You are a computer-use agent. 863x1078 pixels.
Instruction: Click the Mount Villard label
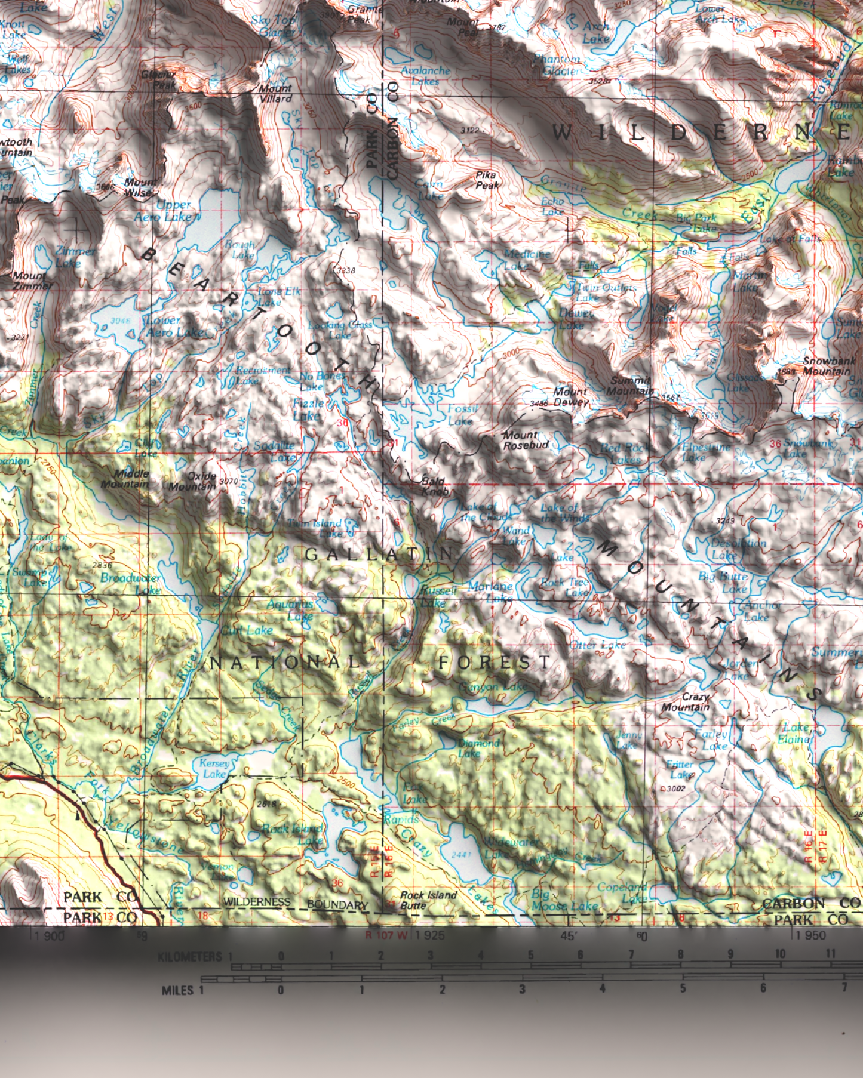(275, 94)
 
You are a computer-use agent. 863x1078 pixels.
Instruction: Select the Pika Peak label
(487, 180)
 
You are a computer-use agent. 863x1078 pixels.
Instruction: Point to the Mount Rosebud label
(526, 441)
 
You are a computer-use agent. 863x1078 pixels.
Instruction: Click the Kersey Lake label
(214, 768)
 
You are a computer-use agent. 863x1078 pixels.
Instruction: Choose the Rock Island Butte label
(428, 900)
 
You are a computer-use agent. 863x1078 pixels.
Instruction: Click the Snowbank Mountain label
(825, 366)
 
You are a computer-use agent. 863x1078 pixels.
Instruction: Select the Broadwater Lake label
(130, 584)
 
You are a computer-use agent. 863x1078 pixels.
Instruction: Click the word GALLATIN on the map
(379, 554)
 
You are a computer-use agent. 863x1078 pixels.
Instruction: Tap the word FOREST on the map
(494, 661)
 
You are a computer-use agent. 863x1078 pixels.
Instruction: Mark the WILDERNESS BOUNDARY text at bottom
(296, 903)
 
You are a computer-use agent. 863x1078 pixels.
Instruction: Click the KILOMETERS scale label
(190, 957)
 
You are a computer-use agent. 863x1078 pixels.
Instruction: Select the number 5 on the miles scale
(682, 988)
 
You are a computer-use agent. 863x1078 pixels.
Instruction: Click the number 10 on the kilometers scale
(780, 954)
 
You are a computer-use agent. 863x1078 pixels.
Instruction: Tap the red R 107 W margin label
(386, 935)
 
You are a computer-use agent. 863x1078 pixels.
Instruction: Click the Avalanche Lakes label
(425, 75)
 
